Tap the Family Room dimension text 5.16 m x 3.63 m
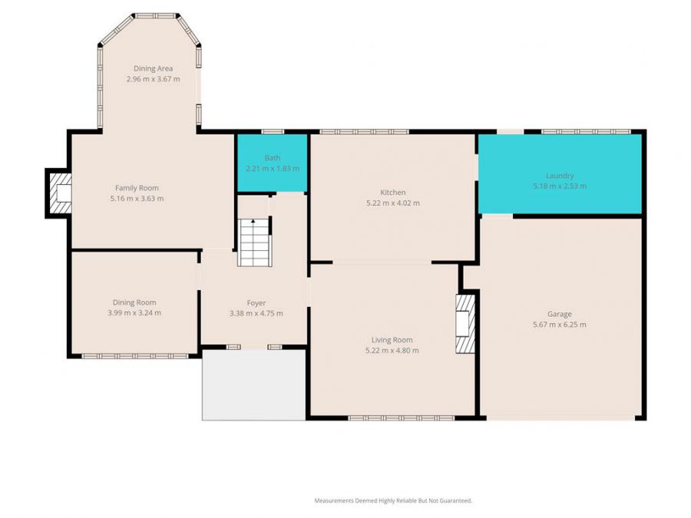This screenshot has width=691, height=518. pos(137,198)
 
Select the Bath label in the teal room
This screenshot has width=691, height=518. pos(272,158)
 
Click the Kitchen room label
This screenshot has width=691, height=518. pos(393,193)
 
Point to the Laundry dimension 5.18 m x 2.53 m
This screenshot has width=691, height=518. pos(560,186)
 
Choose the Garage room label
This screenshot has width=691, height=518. pos(559,314)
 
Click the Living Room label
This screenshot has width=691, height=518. pos(392,340)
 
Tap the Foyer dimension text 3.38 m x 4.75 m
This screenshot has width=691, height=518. pos(256,313)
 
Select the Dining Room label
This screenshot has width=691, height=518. pos(134,302)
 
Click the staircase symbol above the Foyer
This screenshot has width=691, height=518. pos(254,243)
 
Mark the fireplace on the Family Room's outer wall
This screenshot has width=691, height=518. pos(58,193)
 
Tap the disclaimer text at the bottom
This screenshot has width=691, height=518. pos(393,500)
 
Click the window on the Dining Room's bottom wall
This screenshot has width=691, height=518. pos(134,355)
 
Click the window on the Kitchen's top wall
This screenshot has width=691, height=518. pos(363,132)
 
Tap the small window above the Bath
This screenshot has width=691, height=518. pos(272,132)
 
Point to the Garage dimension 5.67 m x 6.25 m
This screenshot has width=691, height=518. pos(559,325)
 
